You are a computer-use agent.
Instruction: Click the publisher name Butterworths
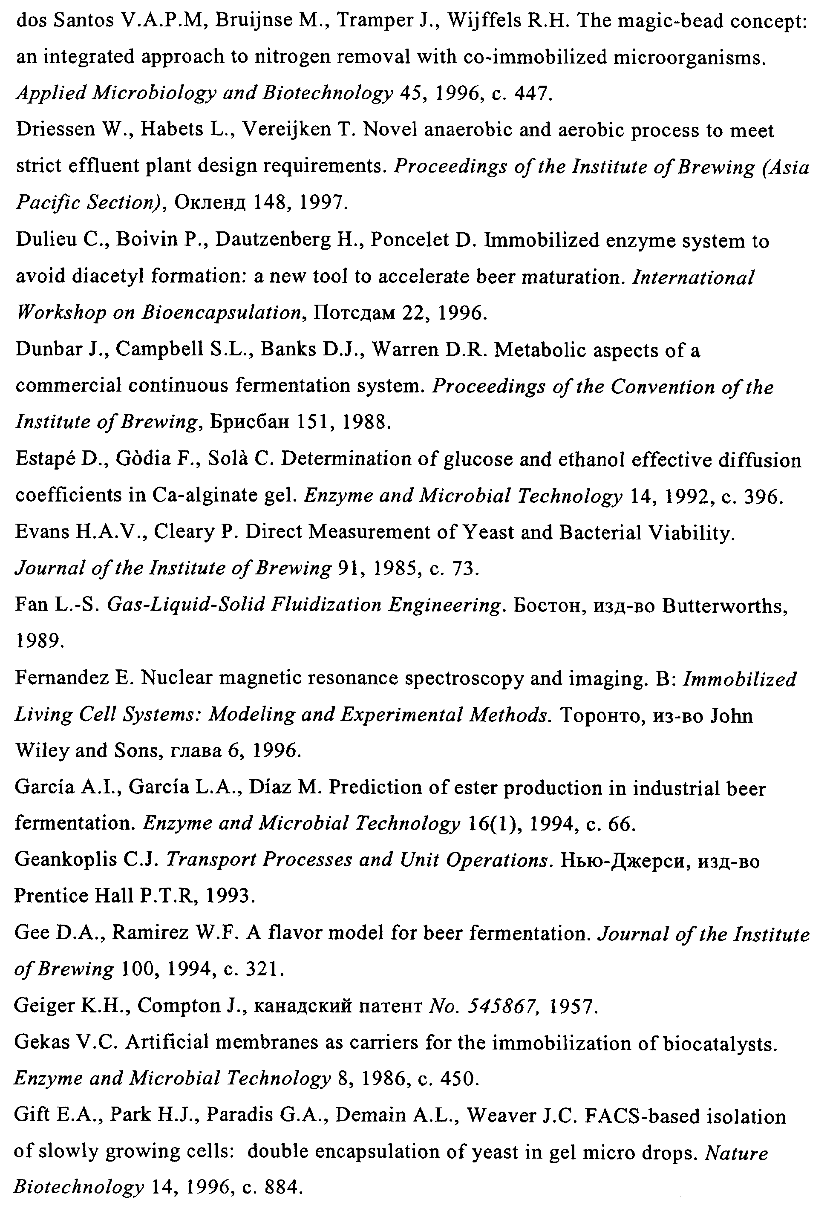click(724, 605)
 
